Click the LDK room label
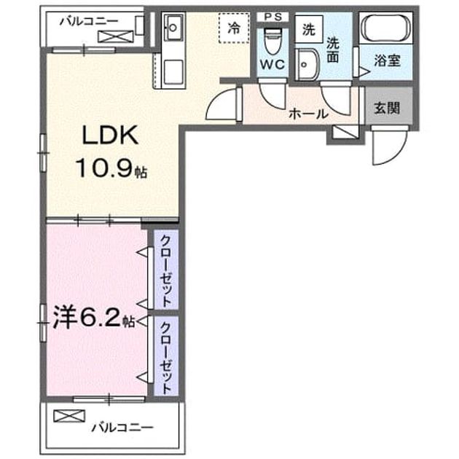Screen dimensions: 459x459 [x=110, y=135]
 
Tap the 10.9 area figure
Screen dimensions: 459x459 [x=103, y=168]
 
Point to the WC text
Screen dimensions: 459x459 [x=272, y=64]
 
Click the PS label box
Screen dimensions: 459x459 [x=272, y=17]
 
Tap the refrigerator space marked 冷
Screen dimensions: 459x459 [x=234, y=28]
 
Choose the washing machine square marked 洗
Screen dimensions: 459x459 [x=309, y=29]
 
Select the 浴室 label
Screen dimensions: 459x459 [x=387, y=60]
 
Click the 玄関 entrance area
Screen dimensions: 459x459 [x=389, y=106]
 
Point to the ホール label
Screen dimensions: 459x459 [x=308, y=114]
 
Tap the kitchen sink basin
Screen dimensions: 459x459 [x=173, y=27]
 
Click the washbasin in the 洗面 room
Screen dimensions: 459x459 [x=306, y=64]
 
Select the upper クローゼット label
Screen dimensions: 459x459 [x=165, y=270]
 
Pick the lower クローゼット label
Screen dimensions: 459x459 [x=165, y=358]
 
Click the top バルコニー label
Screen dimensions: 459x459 [x=90, y=21]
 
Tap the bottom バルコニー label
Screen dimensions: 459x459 [x=122, y=428]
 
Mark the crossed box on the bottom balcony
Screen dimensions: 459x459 [x=69, y=416]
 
